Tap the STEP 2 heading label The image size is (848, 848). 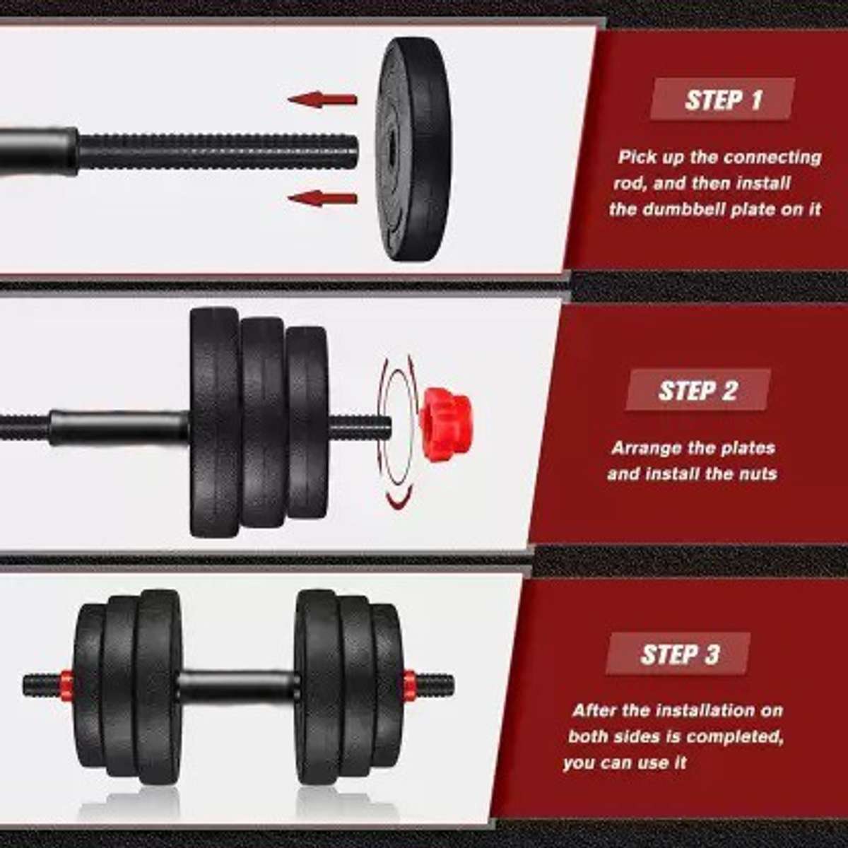697,390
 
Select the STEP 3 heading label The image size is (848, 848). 678,654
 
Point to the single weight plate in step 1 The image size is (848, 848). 413,150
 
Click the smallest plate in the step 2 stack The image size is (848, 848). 307,423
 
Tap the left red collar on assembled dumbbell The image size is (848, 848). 66,684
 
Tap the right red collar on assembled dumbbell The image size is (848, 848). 409,684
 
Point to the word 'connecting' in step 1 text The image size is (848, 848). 772,157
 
